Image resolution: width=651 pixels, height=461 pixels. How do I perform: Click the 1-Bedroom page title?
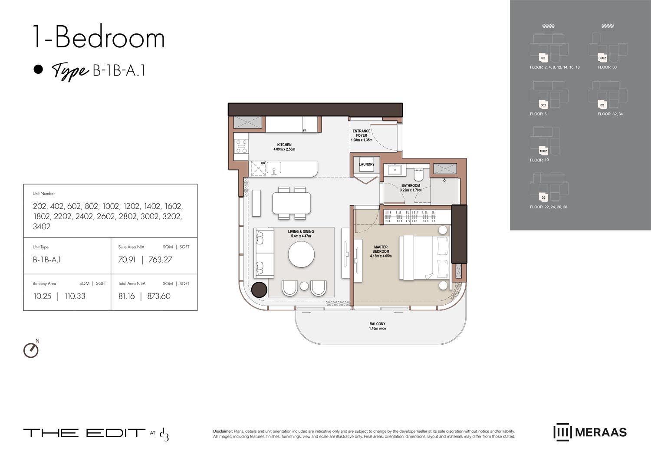click(x=99, y=37)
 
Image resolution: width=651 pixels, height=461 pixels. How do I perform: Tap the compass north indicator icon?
click(x=31, y=350)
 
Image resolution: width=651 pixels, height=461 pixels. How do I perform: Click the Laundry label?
click(x=367, y=165)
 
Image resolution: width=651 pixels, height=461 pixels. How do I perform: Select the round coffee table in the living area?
click(x=302, y=254)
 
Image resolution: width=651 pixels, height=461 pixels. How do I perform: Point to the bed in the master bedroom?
click(x=424, y=257)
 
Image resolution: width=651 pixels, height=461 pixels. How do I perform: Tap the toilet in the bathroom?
click(x=418, y=175)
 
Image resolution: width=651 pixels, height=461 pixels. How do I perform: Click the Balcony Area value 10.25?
click(x=43, y=296)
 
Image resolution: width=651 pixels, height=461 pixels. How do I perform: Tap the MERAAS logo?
click(x=590, y=432)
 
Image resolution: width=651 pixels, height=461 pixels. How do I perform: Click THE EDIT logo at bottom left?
click(x=84, y=433)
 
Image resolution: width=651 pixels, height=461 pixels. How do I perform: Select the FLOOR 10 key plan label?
click(x=539, y=160)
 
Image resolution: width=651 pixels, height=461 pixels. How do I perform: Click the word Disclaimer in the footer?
click(x=223, y=431)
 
